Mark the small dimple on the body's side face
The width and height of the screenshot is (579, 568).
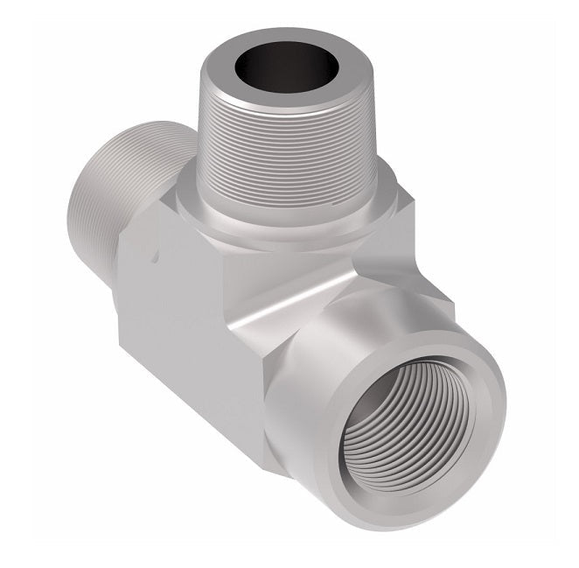154,257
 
